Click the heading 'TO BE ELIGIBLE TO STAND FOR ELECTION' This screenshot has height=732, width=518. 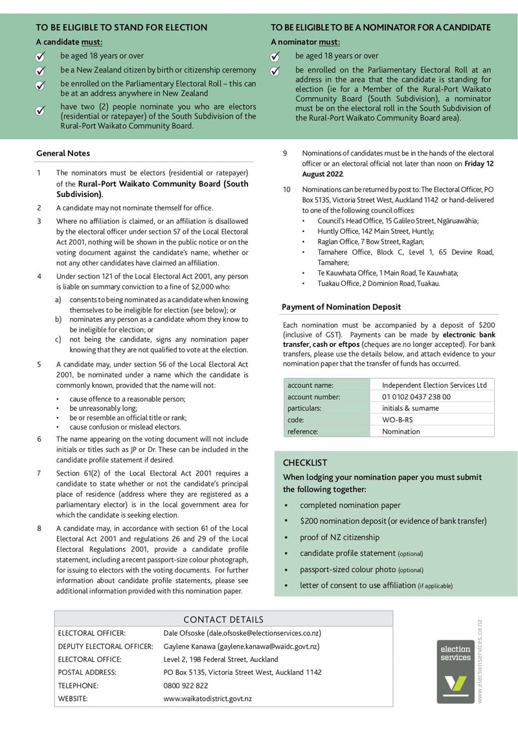pyautogui.click(x=121, y=27)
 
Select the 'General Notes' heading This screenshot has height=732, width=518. pyautogui.click(x=63, y=154)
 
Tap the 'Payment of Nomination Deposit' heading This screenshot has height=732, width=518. pyautogui.click(x=341, y=306)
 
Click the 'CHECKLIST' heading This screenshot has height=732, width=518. pyautogui.click(x=305, y=463)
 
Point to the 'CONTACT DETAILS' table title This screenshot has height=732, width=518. pyautogui.click(x=223, y=619)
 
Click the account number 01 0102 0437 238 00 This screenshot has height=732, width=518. pyautogui.click(x=416, y=396)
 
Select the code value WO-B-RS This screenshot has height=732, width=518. pyautogui.click(x=397, y=420)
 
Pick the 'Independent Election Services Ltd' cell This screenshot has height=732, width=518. pyautogui.click(x=434, y=385)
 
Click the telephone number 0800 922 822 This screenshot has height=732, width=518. pyautogui.click(x=186, y=685)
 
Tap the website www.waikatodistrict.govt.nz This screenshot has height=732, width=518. pyautogui.click(x=207, y=698)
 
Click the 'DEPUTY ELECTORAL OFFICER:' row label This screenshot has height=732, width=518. pyautogui.click(x=106, y=646)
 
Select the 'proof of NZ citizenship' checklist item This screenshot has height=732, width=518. pyautogui.click(x=339, y=537)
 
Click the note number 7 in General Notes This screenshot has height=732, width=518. pyautogui.click(x=39, y=473)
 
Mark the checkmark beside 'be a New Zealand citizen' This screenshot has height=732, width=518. pyautogui.click(x=40, y=71)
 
